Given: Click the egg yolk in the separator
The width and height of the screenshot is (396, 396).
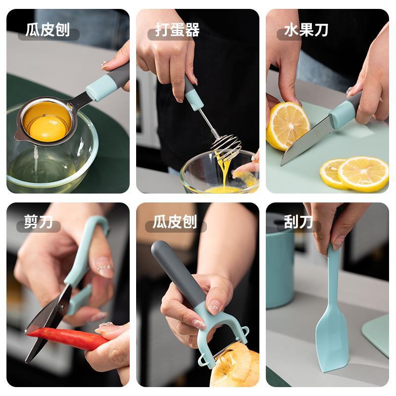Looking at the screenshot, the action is tap(48, 128).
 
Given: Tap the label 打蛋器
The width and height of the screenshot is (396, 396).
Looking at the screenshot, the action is tap(177, 30).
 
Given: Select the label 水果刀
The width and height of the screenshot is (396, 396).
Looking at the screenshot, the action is tap(306, 30).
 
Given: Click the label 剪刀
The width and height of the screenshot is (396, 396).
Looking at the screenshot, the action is tap(39, 222).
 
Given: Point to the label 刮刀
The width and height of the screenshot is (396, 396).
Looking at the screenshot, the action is tap(298, 222).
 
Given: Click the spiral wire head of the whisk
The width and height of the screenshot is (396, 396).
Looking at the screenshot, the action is tap(226, 147).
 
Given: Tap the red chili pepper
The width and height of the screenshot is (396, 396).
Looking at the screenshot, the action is tap(67, 339).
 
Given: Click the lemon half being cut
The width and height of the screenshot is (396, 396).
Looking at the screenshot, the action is tap(288, 126).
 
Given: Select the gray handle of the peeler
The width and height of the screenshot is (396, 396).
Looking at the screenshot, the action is tap(178, 273).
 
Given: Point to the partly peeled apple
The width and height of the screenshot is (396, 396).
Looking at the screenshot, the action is tap(235, 364).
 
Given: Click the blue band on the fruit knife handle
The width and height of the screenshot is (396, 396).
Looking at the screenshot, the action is tap(344, 113).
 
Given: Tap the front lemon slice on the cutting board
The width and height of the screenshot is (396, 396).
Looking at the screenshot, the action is tap(363, 174).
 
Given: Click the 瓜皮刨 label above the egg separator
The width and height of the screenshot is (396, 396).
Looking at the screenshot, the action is tap(48, 30).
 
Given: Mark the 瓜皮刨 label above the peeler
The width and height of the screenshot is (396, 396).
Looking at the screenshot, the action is tap(175, 222).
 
